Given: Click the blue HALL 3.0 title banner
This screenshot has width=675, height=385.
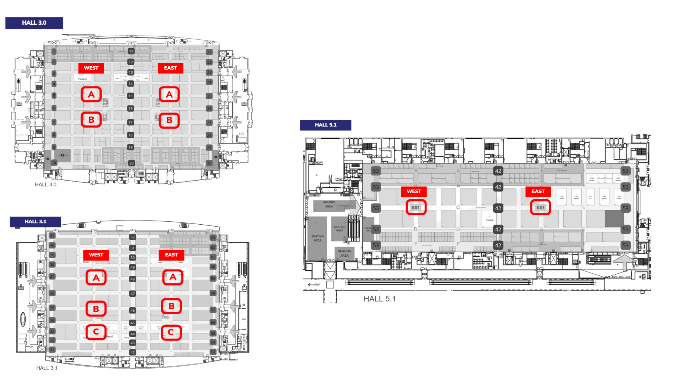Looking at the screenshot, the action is point(34,23).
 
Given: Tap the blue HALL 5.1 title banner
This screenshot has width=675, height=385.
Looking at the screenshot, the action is point(325,125).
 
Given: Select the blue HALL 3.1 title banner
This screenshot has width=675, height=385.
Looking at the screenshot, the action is point(35,222).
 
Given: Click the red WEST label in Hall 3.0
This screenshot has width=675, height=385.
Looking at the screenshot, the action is point(91,68).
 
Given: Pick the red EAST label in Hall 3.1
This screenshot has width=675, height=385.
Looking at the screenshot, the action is point(171,255).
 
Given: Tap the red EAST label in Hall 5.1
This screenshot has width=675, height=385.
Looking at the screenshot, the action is point(538,191).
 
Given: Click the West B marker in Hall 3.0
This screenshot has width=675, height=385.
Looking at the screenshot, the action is point(91,120).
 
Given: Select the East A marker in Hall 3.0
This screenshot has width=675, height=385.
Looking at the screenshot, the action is point(169,94).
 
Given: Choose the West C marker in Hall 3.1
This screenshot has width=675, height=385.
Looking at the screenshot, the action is point(96,332).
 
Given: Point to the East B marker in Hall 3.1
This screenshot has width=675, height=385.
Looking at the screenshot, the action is point(171,306).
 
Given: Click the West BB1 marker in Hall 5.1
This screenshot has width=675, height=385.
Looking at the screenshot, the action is point(416,207).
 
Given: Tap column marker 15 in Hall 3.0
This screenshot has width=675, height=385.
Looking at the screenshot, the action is point(130,96).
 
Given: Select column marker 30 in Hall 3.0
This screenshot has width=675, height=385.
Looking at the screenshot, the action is point(209,163).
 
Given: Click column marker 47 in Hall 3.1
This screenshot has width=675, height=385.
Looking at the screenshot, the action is point(132,294).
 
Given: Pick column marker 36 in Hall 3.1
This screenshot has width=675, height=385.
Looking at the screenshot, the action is point(52,293).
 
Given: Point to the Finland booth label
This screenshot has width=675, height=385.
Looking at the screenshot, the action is point(82,79).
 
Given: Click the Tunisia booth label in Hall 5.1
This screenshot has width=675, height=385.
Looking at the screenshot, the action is point(489,220).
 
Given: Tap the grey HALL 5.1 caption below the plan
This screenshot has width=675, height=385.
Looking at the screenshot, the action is point(379,299).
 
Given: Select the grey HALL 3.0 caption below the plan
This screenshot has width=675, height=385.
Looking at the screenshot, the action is point(46,185).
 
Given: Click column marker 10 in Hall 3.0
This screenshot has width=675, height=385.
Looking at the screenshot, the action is point(54,163).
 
